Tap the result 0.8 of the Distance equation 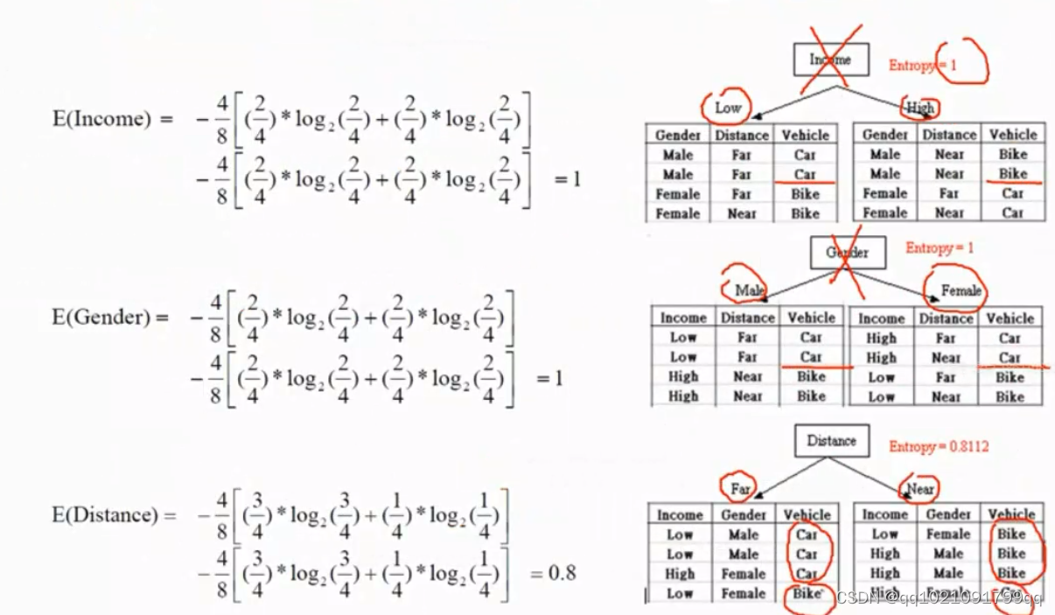click(x=562, y=574)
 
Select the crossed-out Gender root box click(x=847, y=253)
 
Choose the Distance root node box click(x=831, y=441)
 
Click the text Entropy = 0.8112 click(x=939, y=446)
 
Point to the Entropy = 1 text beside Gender click(x=940, y=248)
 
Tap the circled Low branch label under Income click(x=728, y=108)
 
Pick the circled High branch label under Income click(x=920, y=108)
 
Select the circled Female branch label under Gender click(x=961, y=290)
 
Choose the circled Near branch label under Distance click(x=920, y=489)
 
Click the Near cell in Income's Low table click(x=742, y=213)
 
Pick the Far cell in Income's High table click(x=948, y=193)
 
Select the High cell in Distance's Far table click(x=680, y=574)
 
